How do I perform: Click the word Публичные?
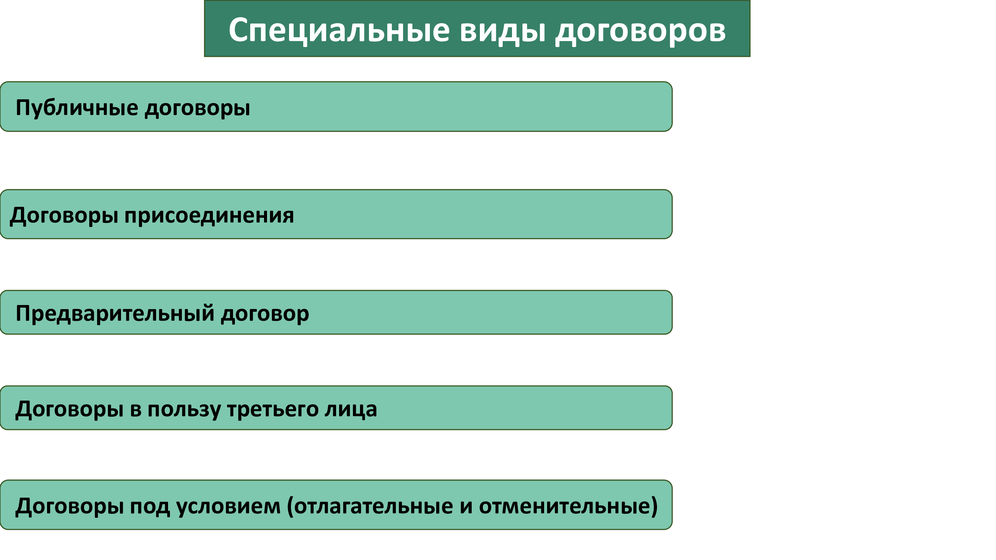point(77,108)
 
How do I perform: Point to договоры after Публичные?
point(198,109)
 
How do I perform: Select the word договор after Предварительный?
point(265,314)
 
